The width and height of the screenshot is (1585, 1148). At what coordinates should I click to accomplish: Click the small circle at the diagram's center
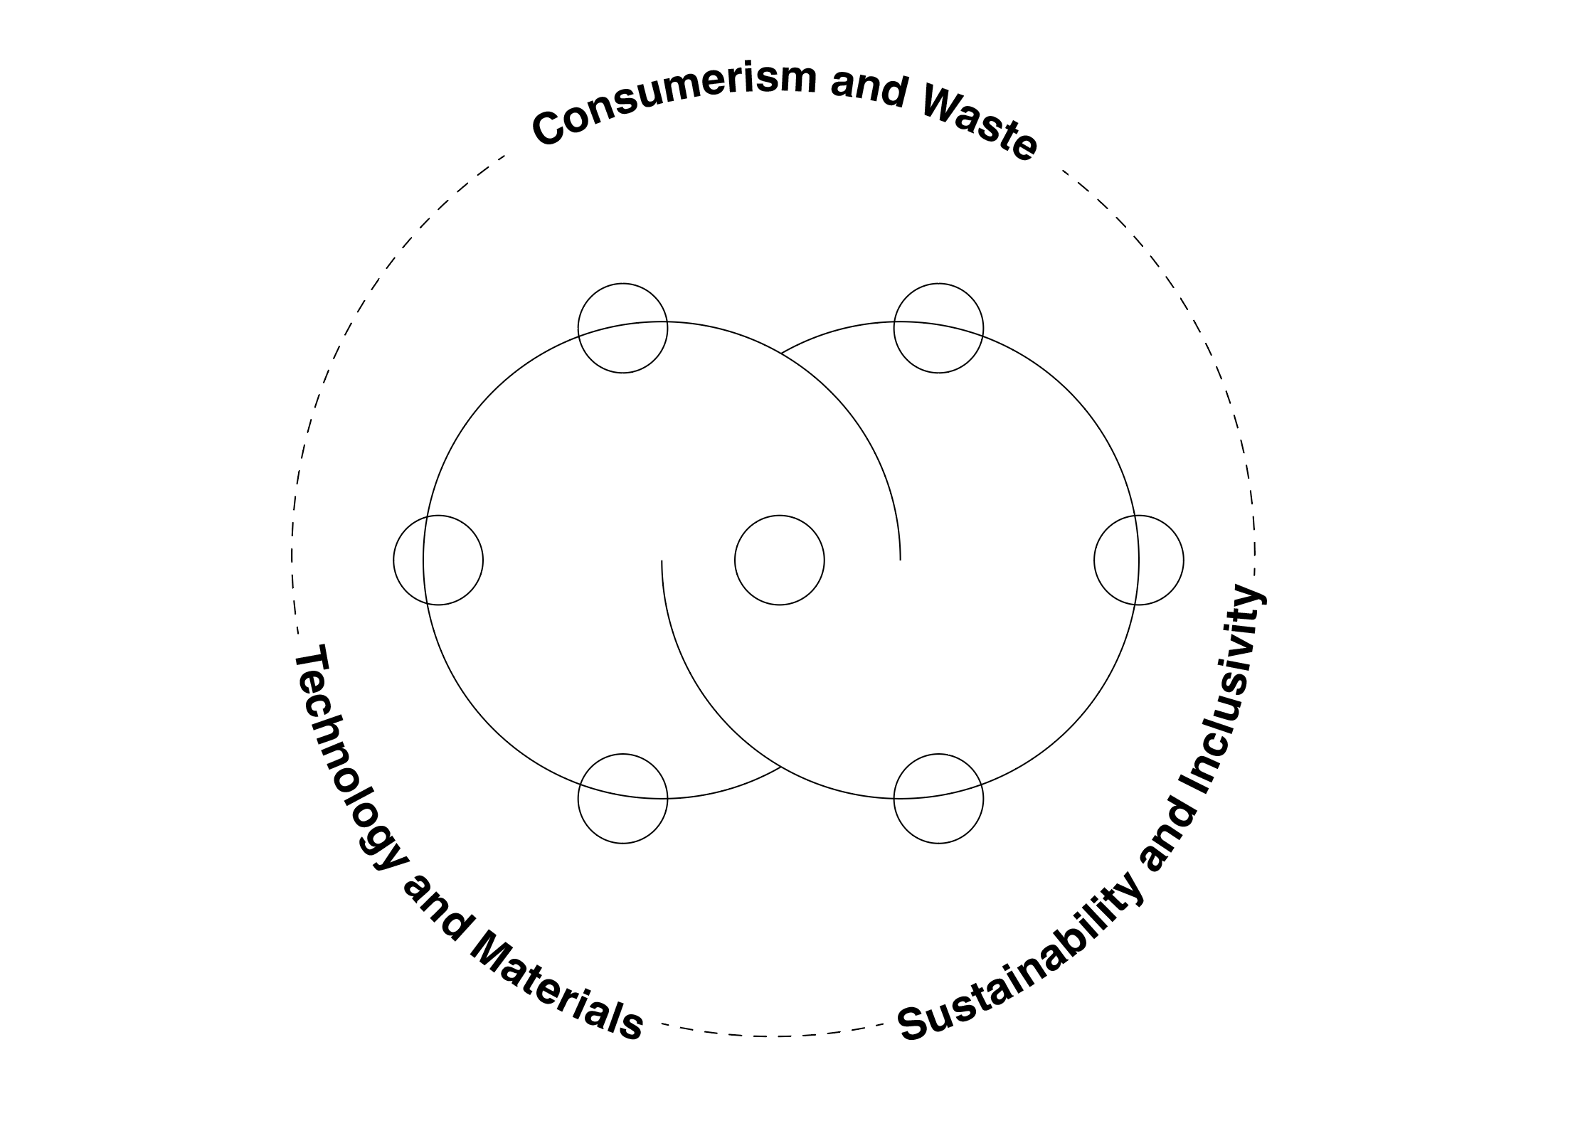779,560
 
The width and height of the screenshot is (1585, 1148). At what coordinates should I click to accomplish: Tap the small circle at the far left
438,560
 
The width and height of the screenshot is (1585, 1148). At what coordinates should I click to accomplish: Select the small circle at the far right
1138,560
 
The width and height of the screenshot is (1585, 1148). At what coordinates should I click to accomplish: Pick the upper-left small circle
622,328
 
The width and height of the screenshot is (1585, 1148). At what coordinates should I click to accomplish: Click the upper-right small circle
938,328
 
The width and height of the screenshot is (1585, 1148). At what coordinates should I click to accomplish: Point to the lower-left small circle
622,799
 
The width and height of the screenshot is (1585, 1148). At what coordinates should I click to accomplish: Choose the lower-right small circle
938,799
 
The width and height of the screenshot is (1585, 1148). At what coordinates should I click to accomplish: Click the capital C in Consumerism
550,130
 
